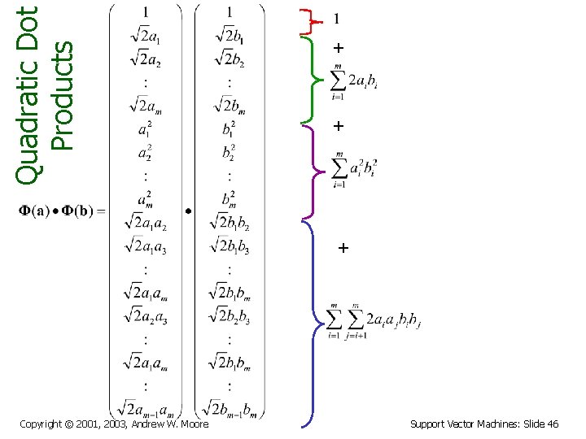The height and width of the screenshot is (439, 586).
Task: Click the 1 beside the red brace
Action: tap(337, 20)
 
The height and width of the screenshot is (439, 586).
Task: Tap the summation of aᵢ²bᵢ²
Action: tap(353, 168)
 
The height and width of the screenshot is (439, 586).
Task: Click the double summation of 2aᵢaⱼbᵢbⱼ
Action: tap(373, 319)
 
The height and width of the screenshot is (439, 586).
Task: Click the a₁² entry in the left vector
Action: tap(145, 129)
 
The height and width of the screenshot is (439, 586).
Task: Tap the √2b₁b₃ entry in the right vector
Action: tap(230, 244)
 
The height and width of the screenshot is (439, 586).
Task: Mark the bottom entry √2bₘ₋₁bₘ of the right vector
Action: tap(230, 407)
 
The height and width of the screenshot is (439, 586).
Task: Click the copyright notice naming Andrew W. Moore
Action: tap(114, 424)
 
